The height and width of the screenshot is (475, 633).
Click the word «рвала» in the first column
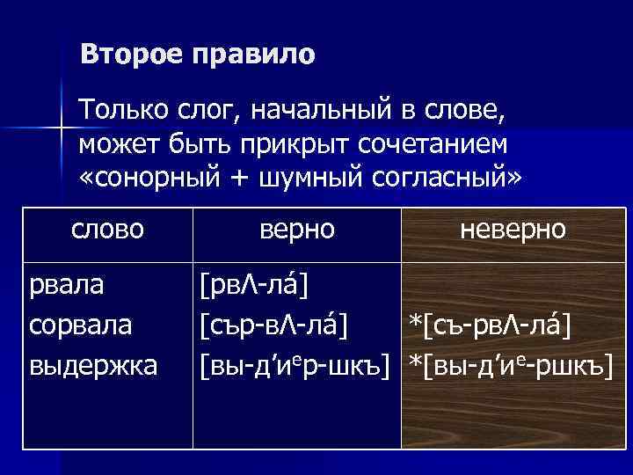pos(66,285)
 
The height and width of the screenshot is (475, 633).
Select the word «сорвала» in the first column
pos(81,325)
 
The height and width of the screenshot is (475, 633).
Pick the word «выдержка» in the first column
pos(93,365)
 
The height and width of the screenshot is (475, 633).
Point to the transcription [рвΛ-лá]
pos(259,286)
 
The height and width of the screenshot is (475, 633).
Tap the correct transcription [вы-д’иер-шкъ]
pos(295,365)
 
